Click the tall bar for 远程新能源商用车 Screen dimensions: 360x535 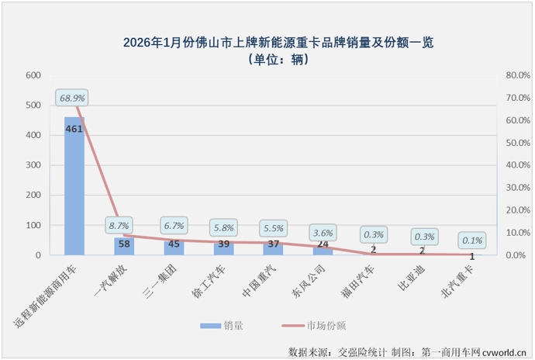coord(74,186)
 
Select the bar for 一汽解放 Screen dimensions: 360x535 coord(124,246)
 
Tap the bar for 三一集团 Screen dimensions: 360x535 coord(174,247)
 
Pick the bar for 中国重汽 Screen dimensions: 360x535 coord(273,249)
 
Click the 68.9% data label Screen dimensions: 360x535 coord(71,98)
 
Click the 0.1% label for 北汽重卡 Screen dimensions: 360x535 coord(473,240)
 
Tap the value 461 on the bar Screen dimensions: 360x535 coord(74,128)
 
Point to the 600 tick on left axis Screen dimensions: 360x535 coord(32,76)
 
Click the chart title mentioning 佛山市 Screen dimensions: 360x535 coord(267,43)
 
